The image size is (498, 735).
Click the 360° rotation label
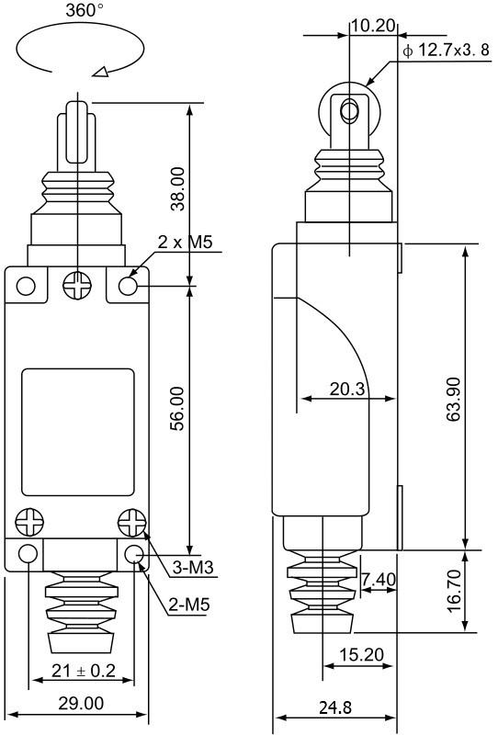pos(85,10)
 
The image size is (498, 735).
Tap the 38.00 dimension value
pos(178,189)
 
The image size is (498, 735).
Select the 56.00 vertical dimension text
pos(178,408)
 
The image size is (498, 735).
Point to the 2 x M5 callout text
pos(186,242)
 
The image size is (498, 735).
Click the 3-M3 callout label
pos(193,568)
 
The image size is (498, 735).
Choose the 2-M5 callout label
pos(189,605)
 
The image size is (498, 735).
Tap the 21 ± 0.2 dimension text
pos(83,671)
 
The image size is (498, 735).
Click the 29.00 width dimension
pos(81,703)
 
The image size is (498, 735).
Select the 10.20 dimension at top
pos(373,26)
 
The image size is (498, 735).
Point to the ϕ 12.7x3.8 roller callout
pos(447,50)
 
